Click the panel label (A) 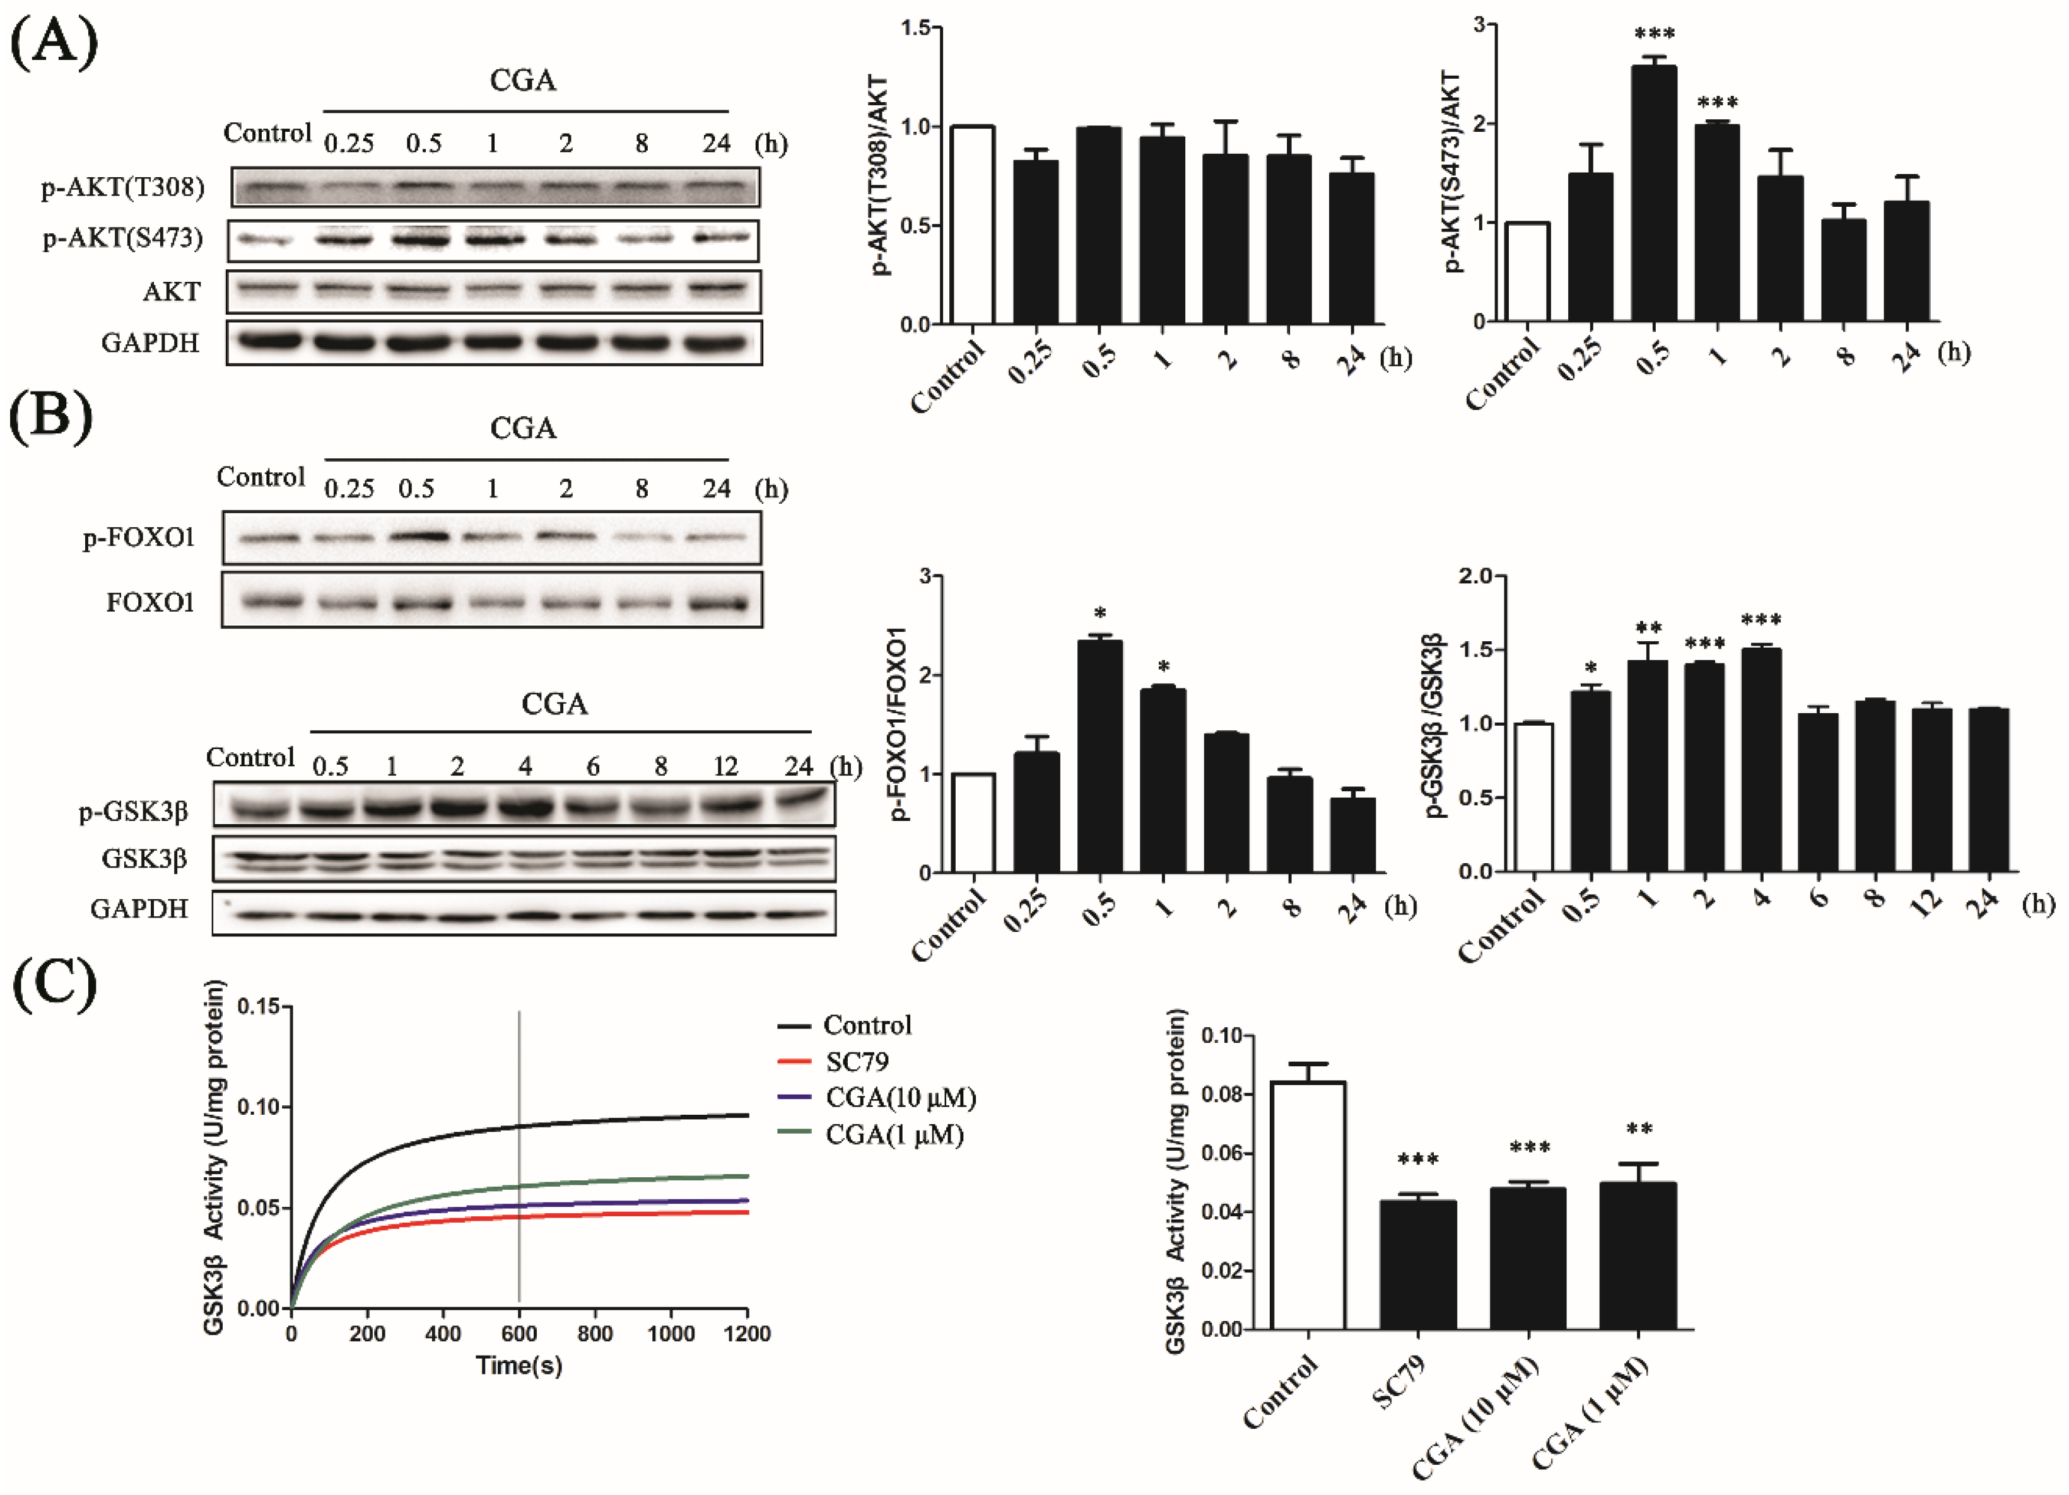(x=53, y=43)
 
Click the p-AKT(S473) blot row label (x=122, y=239)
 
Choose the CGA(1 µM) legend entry (x=893, y=1135)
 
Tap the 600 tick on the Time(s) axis (x=519, y=1334)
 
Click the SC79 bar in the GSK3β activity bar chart (x=1417, y=1264)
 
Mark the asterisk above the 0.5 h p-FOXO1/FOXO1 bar (x=1100, y=613)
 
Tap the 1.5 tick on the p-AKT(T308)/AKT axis (x=915, y=28)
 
